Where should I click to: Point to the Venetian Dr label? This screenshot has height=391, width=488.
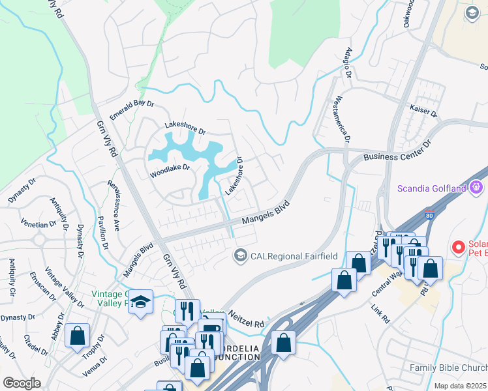(38, 224)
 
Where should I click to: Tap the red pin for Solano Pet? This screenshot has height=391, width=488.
(459, 248)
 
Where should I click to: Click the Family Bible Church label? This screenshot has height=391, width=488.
(448, 368)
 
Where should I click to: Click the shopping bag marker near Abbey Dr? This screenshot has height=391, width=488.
(78, 336)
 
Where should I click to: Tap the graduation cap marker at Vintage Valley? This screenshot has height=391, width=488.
(140, 302)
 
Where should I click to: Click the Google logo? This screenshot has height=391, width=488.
(22, 383)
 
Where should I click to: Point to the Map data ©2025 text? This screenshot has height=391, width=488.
(460, 386)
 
